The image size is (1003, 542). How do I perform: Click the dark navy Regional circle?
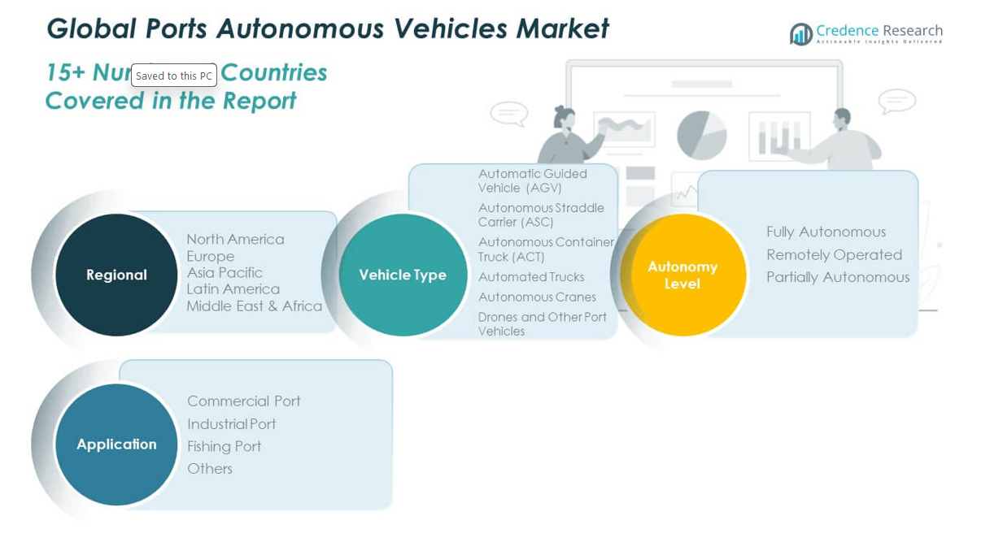(116, 275)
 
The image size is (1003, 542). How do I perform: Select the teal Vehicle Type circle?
(403, 275)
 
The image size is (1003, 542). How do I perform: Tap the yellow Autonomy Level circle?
(682, 275)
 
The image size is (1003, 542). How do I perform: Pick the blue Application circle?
(116, 444)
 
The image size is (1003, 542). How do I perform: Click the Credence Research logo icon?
(801, 34)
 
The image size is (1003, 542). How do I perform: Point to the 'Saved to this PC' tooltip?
(174, 76)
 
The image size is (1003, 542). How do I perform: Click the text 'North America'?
(235, 239)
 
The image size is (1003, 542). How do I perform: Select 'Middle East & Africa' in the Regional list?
(254, 306)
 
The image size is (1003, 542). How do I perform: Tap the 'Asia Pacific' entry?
(225, 272)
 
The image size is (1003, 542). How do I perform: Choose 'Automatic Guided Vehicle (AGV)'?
(532, 180)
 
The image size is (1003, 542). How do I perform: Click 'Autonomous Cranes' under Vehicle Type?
(537, 297)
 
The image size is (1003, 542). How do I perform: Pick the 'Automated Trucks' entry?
(531, 277)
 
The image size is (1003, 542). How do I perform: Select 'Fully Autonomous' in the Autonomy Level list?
(826, 232)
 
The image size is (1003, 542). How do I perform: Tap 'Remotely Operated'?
(834, 254)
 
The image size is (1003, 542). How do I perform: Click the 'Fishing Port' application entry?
(224, 446)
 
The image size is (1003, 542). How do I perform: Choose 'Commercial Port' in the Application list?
(243, 401)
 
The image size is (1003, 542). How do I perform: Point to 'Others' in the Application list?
(210, 469)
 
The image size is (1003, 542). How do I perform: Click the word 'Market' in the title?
(562, 28)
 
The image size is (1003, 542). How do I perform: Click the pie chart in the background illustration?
(701, 134)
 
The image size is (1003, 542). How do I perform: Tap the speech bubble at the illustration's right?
(896, 102)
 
